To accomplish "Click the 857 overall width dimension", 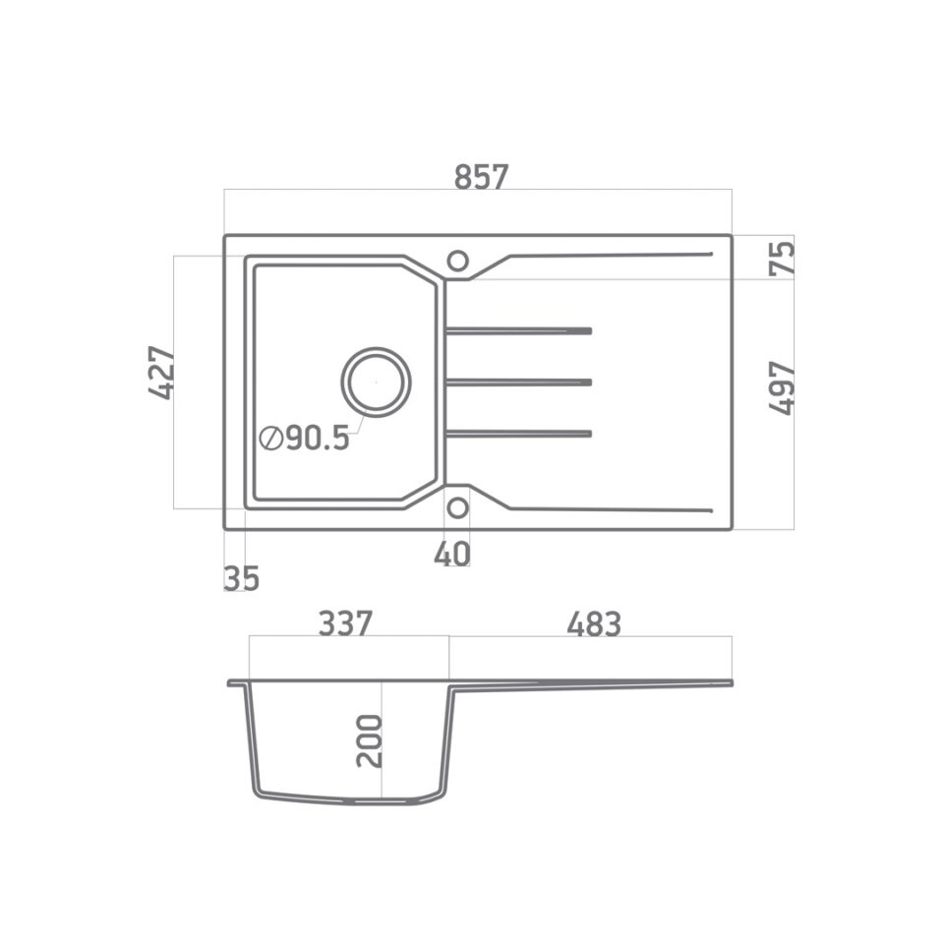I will coord(481,177).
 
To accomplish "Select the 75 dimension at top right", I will coord(782,258).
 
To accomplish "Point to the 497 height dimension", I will coord(782,387).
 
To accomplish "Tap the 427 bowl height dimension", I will coord(161,373).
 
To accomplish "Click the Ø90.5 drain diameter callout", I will coord(305,439).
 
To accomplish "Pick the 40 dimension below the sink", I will coord(452,555).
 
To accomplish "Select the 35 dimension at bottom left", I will coord(241,579).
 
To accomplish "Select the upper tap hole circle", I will coord(457,261).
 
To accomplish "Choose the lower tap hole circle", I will coord(457,507).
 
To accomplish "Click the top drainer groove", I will coord(518,331).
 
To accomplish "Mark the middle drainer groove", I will coord(518,382).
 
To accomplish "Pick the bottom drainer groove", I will coord(518,433).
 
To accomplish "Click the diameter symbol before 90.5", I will coord(270,439).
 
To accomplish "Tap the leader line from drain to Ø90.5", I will coord(358,423).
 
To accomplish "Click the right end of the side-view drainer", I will coord(729,682).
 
